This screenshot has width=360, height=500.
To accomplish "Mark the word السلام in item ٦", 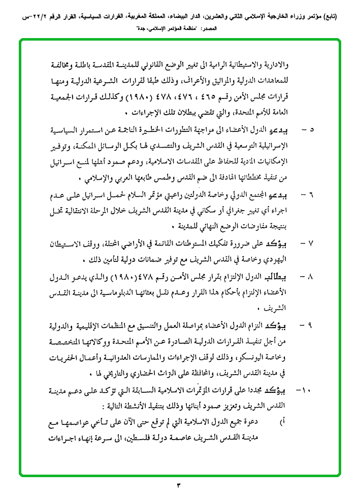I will pos(136,195).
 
